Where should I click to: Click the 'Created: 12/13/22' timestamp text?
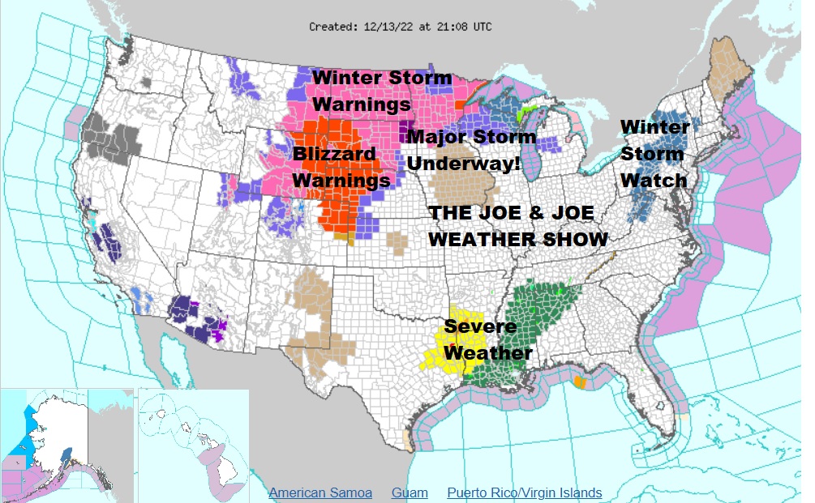tap(400, 27)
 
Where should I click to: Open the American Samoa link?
tap(320, 492)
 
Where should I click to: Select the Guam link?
tap(410, 492)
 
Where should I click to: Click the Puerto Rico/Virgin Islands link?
tap(524, 492)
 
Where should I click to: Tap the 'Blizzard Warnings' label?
tap(341, 167)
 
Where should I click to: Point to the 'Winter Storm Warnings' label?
tap(381, 92)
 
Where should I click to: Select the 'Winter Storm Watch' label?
tap(654, 153)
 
